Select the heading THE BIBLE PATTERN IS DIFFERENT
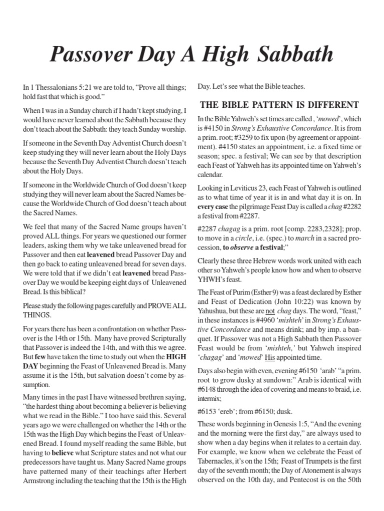279,105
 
